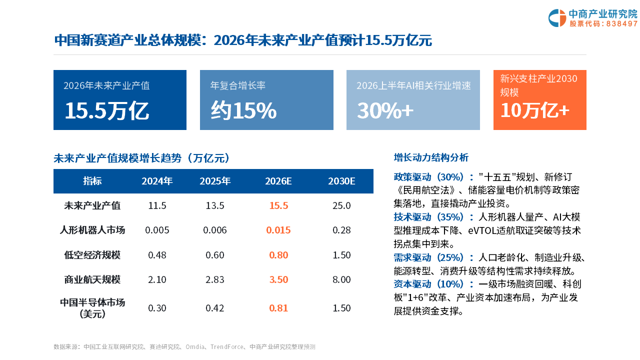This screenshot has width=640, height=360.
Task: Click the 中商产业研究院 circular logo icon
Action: tap(557, 18)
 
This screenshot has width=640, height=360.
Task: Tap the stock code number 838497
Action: tap(621, 23)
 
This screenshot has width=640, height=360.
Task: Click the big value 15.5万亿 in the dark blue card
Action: tap(107, 111)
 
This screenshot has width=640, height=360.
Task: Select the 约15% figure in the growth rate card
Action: tap(243, 110)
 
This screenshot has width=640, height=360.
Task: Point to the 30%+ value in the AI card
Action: tap(385, 110)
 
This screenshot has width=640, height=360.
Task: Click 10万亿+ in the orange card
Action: tap(535, 110)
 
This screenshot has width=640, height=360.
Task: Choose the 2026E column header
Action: tap(278, 181)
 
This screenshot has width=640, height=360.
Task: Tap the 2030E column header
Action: tap(341, 181)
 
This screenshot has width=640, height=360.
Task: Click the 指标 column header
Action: tap(92, 181)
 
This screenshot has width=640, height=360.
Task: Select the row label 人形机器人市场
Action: tap(92, 230)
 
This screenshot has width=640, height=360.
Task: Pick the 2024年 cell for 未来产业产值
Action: tap(157, 205)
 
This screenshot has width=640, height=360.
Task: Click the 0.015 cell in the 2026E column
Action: tap(278, 230)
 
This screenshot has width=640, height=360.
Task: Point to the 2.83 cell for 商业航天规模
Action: tap(215, 279)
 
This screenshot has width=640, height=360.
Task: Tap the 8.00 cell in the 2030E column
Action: tap(341, 279)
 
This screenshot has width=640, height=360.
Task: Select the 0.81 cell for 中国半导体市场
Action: tap(278, 308)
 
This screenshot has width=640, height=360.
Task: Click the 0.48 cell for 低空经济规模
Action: tap(157, 255)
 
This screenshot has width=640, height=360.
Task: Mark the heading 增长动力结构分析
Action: tap(431, 157)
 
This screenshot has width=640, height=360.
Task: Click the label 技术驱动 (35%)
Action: tap(428, 217)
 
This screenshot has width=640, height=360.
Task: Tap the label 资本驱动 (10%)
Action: tap(428, 284)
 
